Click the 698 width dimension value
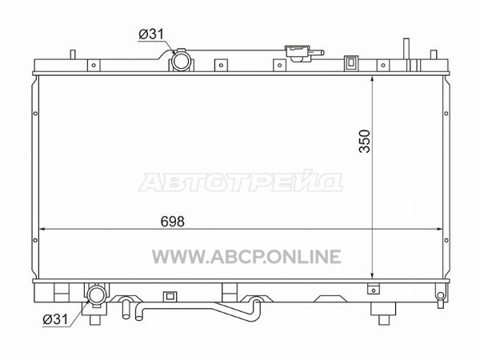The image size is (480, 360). click(172, 222)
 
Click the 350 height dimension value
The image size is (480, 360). click(365, 141)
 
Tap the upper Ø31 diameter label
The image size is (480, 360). click(151, 34)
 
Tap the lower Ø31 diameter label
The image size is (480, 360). click(55, 319)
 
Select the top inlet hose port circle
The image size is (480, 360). click(182, 62)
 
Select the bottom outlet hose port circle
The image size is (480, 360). click(97, 294)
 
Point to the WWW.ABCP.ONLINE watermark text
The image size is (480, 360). click(246, 257)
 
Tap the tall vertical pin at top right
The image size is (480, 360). click(406, 49)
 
